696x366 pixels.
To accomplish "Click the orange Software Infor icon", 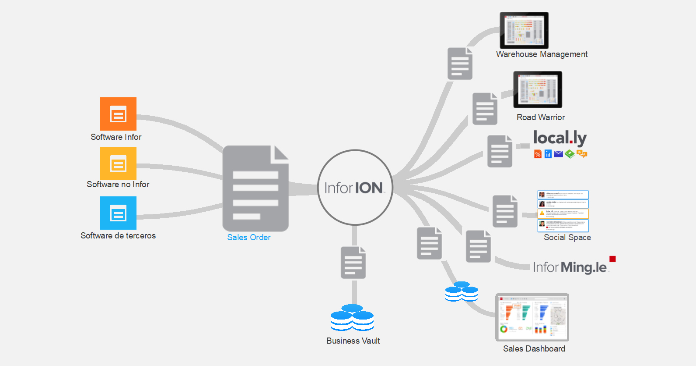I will pyautogui.click(x=118, y=114).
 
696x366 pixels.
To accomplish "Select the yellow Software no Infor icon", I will pyautogui.click(x=118, y=163).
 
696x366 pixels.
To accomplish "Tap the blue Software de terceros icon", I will pyautogui.click(x=118, y=213).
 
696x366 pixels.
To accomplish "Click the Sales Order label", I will pyautogui.click(x=248, y=237).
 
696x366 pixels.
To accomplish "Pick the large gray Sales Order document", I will pyautogui.click(x=255, y=188).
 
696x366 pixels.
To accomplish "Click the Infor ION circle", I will pyautogui.click(x=355, y=188).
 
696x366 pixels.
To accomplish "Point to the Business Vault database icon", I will pyautogui.click(x=352, y=318).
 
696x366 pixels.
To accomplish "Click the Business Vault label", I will pyautogui.click(x=353, y=341).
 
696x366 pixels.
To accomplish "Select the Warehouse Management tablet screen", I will pyautogui.click(x=524, y=30).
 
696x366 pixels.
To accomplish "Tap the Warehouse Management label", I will pyautogui.click(x=542, y=54).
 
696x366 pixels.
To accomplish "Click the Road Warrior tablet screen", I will pyautogui.click(x=538, y=89).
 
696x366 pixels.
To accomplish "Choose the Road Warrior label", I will pyautogui.click(x=541, y=117).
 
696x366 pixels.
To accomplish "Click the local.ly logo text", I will pyautogui.click(x=560, y=138).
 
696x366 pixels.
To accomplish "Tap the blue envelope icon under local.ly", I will pyautogui.click(x=558, y=154).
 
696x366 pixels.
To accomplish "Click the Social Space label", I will pyautogui.click(x=567, y=237).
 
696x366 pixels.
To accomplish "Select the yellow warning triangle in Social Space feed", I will pyautogui.click(x=542, y=213).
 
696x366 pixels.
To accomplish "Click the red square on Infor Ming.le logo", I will pyautogui.click(x=612, y=259).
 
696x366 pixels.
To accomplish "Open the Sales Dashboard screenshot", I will pyautogui.click(x=532, y=317).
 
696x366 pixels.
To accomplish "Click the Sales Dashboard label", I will pyautogui.click(x=534, y=348).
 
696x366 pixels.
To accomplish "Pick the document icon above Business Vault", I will pyautogui.click(x=353, y=263).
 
